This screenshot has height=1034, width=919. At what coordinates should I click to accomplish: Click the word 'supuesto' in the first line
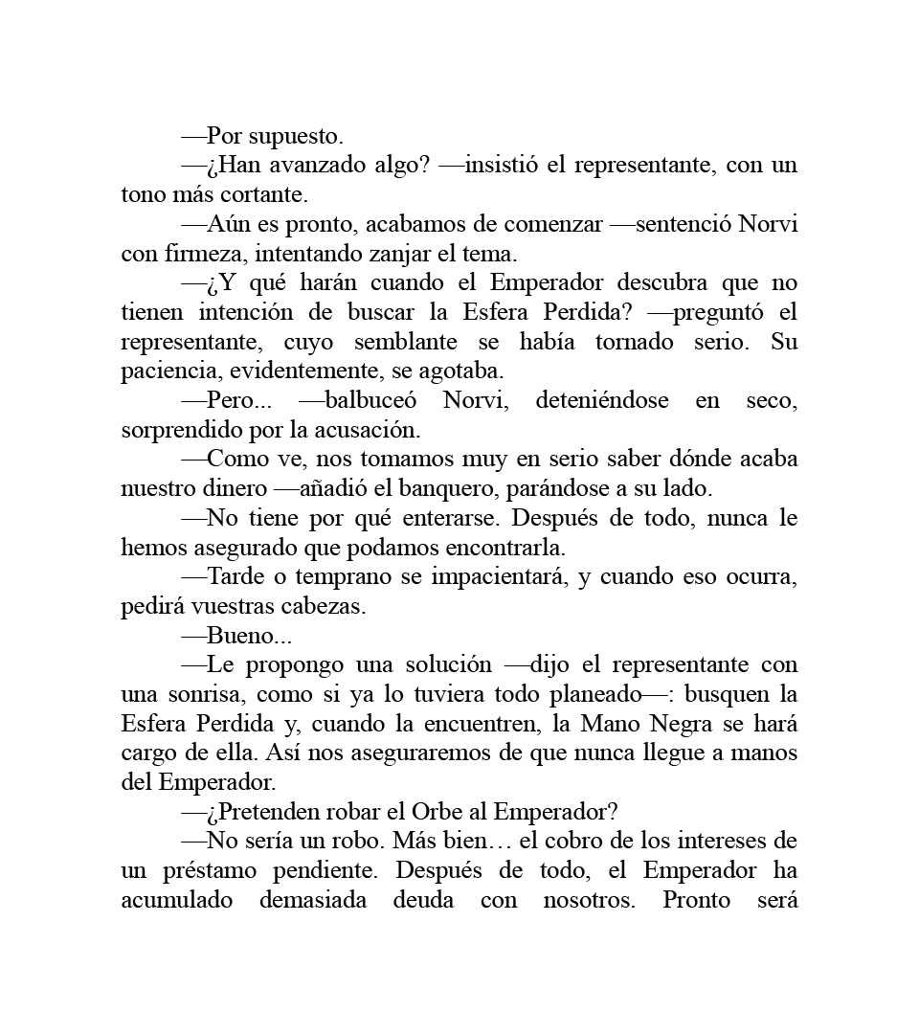(x=296, y=137)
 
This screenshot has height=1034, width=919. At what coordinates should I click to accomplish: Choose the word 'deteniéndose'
(x=601, y=400)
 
